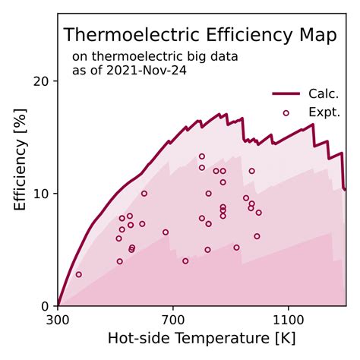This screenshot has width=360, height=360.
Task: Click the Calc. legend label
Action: (x=323, y=94)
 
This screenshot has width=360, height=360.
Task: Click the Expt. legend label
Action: (x=323, y=112)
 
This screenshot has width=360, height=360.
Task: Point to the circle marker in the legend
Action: (x=286, y=112)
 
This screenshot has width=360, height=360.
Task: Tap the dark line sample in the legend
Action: (x=286, y=94)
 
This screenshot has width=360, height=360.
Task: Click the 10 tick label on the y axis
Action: (x=42, y=194)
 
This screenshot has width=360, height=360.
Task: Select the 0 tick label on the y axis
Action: (x=46, y=305)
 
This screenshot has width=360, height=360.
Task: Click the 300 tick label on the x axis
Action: (x=58, y=321)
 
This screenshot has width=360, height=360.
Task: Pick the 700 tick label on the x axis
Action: (x=173, y=321)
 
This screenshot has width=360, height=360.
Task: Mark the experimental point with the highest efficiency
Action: (x=202, y=156)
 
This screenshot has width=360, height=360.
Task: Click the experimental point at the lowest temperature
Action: (x=78, y=274)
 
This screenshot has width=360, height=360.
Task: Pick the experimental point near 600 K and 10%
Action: (x=144, y=194)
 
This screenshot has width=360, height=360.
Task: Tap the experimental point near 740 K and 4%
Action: (x=185, y=261)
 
